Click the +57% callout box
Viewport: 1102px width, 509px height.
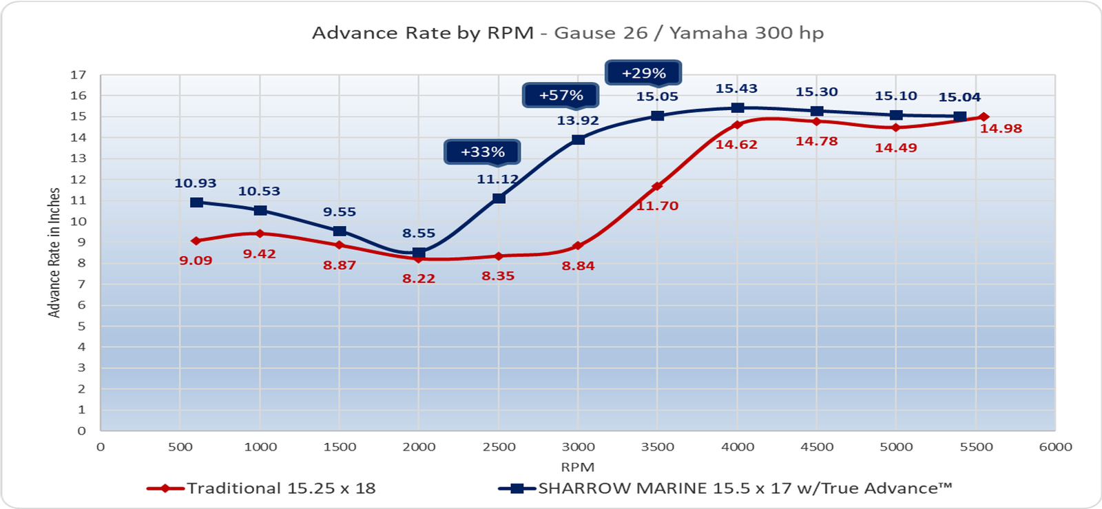point(561,95)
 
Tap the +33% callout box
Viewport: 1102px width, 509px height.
point(482,152)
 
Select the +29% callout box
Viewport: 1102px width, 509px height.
point(643,73)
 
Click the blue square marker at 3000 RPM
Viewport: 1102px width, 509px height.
point(579,140)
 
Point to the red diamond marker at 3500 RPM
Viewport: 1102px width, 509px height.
point(657,186)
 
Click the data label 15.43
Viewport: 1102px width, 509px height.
point(736,89)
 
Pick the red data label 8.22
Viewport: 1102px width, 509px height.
point(419,278)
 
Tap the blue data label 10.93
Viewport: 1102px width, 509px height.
point(196,183)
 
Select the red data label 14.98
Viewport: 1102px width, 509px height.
point(1001,129)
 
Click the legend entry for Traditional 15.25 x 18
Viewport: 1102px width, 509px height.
point(262,488)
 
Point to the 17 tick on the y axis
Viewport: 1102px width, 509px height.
point(79,75)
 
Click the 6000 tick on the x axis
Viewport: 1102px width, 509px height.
point(1055,447)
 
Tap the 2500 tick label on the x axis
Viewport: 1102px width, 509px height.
point(499,447)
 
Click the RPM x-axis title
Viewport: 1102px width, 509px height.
point(577,466)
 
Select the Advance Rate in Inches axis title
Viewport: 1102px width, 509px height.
point(54,253)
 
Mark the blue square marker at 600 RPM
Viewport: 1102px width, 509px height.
point(197,202)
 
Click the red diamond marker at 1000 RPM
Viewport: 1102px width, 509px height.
point(260,233)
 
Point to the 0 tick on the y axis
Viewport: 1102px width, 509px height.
point(82,431)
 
